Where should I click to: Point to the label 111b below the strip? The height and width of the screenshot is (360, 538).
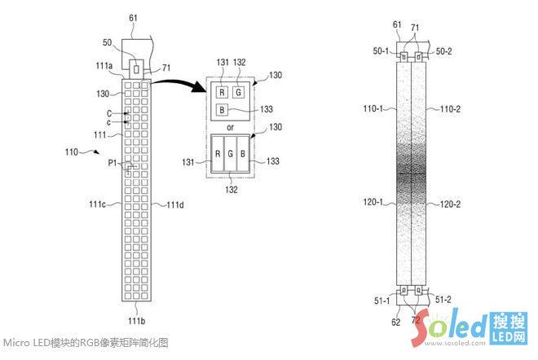(137, 310)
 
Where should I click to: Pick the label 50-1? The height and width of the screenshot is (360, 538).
(380, 51)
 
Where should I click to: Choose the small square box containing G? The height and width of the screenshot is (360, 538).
(237, 92)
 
